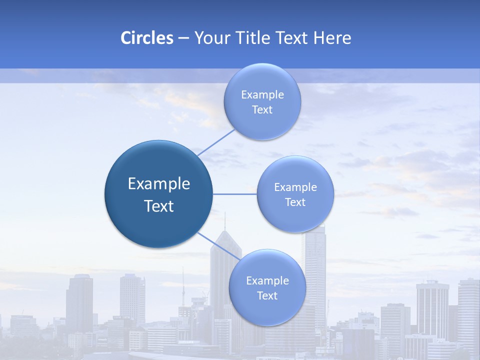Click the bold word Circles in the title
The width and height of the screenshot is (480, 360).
pos(147,38)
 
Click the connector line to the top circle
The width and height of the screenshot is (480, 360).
pos(216,142)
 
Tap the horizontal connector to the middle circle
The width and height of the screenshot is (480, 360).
pos(235,193)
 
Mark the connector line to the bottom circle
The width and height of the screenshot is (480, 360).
pos(218,244)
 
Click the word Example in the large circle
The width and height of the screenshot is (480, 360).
pos(159,184)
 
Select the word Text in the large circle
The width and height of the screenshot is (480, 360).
pos(159,206)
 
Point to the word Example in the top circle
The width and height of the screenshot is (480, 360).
pos(262,95)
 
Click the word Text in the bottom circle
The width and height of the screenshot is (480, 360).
pos(267,295)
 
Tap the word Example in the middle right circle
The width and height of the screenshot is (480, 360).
pos(295,187)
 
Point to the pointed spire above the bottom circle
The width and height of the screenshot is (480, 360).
pos(225,222)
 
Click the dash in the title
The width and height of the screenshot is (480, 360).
pos(183,38)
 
